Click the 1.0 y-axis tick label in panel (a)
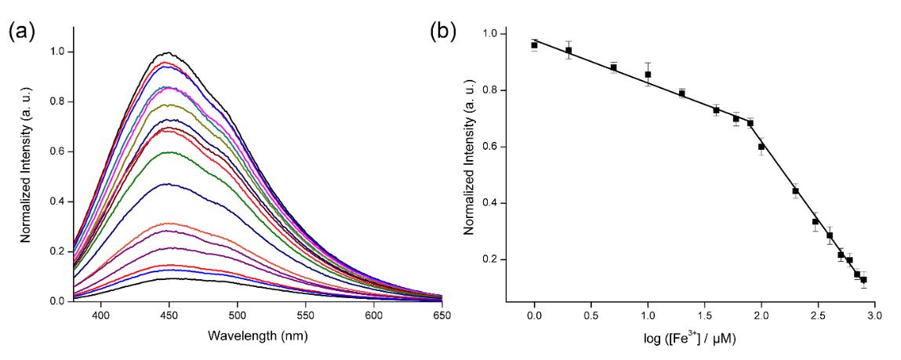(58, 52)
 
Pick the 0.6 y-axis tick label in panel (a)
(58, 151)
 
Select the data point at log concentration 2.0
(761, 147)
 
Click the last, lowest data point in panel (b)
(863, 280)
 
